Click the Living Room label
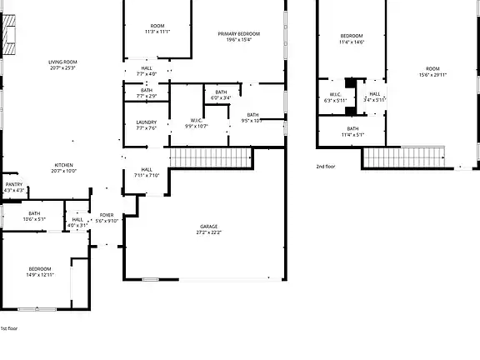click(62, 65)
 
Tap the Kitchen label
click(63, 168)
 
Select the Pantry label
click(13, 187)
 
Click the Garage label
click(208, 229)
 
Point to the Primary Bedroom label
click(239, 37)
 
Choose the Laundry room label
click(146, 125)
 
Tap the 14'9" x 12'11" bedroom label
click(39, 272)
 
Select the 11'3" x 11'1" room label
click(157, 29)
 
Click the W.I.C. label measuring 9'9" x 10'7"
click(196, 122)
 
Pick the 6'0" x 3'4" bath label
click(221, 95)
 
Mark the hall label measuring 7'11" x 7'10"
click(146, 172)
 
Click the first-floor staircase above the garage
click(210, 157)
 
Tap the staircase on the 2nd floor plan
click(404, 156)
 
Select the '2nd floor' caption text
click(325, 167)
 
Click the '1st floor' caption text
click(8, 328)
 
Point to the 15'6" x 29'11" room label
click(432, 72)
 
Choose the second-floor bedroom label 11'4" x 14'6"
click(352, 38)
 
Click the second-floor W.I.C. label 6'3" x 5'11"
click(332, 97)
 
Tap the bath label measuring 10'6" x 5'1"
click(34, 216)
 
